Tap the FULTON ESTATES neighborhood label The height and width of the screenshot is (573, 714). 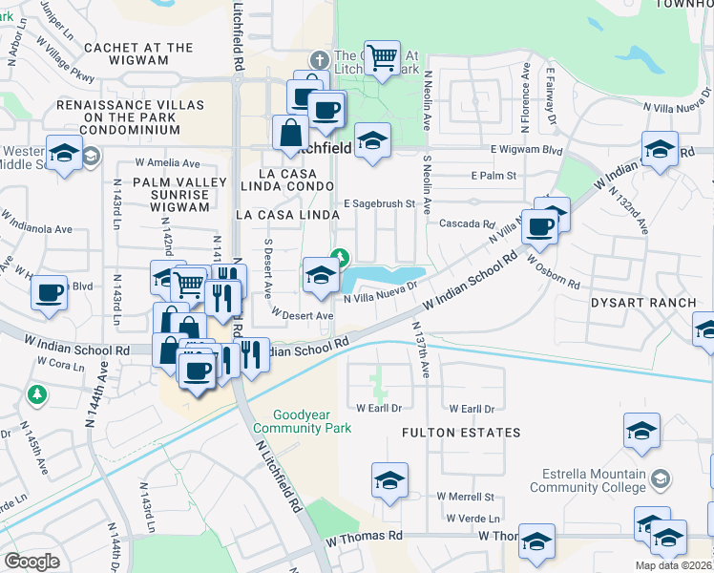[x=461, y=433]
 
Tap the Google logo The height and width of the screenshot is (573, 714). [x=31, y=562]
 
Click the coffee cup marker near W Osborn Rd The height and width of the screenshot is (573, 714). [x=539, y=227]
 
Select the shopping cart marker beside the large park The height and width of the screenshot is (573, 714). [x=382, y=57]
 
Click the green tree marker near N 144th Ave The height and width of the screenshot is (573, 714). [x=36, y=393]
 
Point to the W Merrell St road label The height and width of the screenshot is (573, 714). [x=465, y=497]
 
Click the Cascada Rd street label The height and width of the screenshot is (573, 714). [x=465, y=223]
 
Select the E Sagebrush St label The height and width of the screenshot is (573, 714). [x=380, y=203]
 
